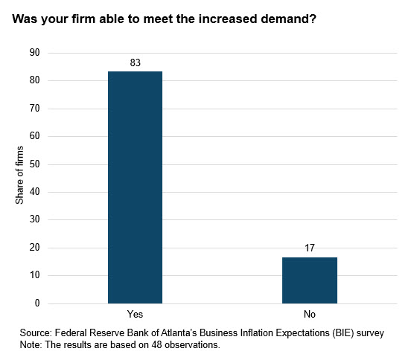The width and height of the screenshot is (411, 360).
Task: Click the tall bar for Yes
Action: [x=135, y=187]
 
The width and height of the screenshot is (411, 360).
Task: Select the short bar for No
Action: [x=309, y=280]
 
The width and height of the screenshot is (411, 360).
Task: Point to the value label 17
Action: [x=309, y=248]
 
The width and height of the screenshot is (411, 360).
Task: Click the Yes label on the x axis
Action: [x=135, y=315]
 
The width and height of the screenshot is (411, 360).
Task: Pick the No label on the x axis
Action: [x=309, y=315]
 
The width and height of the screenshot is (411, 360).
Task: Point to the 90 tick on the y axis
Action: [x=34, y=53]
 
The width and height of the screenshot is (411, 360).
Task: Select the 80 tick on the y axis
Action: [x=34, y=80]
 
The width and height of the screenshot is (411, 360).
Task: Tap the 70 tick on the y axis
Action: [x=34, y=109]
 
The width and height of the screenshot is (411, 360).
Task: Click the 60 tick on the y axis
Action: [x=34, y=136]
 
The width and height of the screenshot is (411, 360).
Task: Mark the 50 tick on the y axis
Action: [x=34, y=164]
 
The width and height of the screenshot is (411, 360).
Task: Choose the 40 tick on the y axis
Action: [x=34, y=192]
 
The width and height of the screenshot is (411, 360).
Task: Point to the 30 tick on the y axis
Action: [x=34, y=220]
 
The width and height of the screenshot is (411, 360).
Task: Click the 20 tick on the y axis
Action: [x=34, y=248]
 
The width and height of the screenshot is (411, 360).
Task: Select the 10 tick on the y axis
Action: [x=34, y=276]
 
